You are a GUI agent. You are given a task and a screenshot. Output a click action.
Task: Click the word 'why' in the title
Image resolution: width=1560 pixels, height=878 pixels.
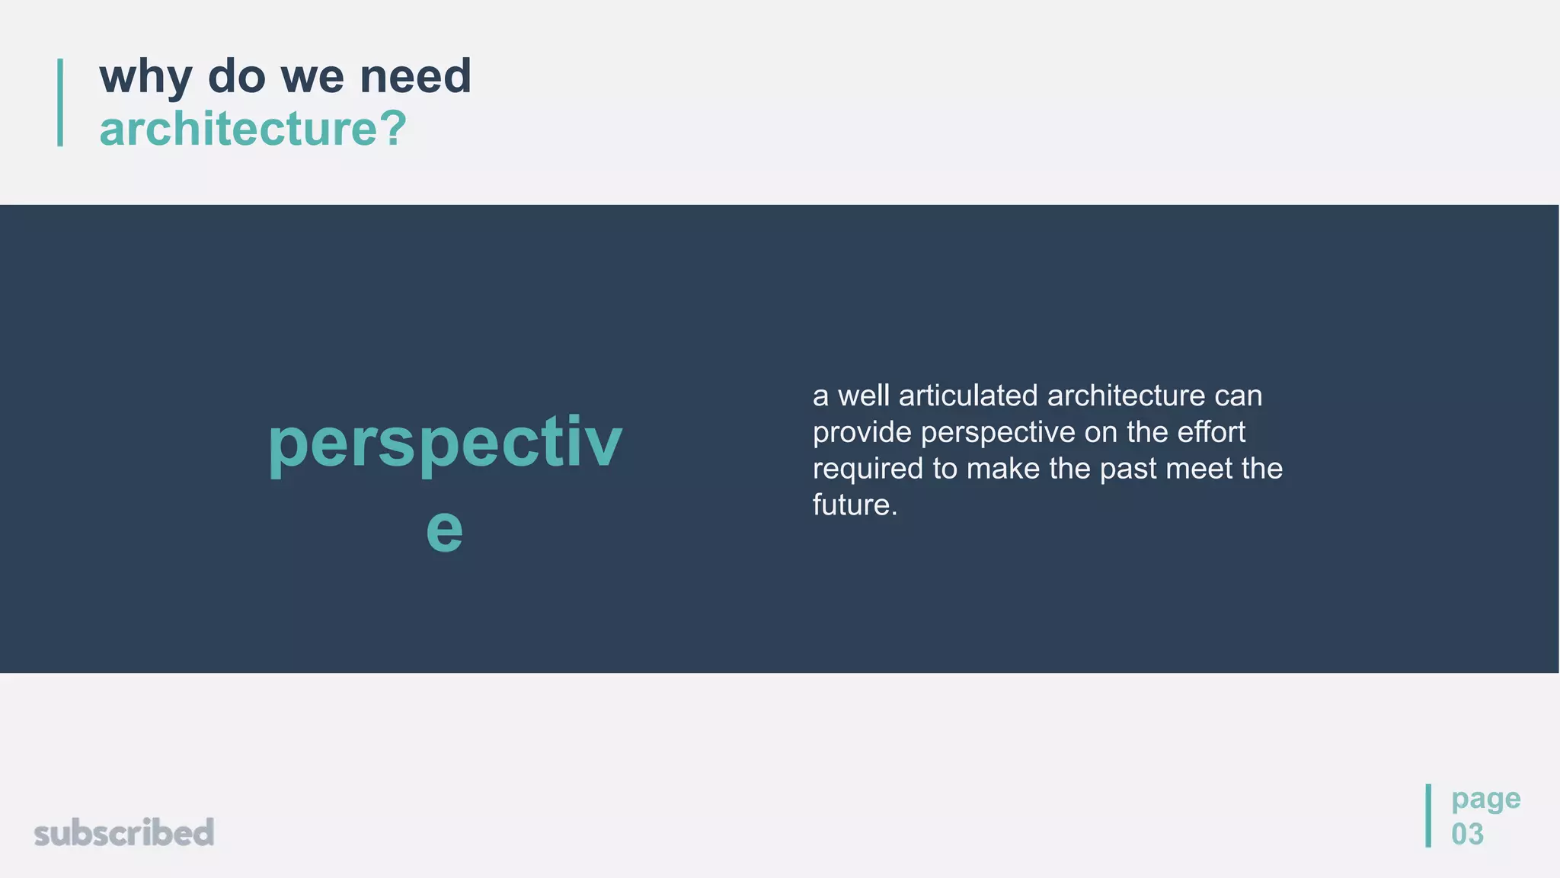tap(145, 78)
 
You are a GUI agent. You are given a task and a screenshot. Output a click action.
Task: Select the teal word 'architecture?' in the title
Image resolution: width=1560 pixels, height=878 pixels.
tap(253, 128)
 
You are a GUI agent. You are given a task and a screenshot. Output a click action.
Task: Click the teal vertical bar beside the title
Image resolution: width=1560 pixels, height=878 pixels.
tap(60, 102)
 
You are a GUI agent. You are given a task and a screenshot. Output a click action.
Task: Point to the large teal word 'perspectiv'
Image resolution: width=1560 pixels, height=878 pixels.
tap(445, 443)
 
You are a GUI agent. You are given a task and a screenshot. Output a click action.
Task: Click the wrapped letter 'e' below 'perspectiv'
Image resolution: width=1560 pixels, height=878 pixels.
tap(444, 529)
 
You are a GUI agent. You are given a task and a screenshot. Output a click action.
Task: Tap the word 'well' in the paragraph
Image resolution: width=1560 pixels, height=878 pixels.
tap(864, 396)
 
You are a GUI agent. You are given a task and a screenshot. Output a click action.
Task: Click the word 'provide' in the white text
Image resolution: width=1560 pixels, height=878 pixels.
tap(862, 432)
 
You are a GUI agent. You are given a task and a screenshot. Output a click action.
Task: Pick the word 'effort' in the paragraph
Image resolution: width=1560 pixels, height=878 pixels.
tap(1211, 432)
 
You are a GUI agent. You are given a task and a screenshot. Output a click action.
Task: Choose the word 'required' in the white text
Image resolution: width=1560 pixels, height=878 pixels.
tap(868, 469)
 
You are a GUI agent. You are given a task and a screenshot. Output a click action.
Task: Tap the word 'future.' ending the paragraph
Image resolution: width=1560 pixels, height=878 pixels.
tap(855, 505)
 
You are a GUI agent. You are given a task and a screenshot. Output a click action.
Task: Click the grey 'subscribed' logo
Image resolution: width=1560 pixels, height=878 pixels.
tap(124, 832)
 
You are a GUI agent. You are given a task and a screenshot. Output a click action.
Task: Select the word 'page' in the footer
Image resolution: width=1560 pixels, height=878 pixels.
tap(1485, 799)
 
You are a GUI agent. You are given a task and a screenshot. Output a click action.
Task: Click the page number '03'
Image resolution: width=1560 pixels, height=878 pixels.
tap(1467, 834)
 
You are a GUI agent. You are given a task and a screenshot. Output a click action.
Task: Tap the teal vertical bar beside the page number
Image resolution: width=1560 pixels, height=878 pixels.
tap(1428, 816)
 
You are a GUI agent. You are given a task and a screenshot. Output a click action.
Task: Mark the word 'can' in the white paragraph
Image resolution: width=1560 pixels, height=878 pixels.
tap(1239, 396)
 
